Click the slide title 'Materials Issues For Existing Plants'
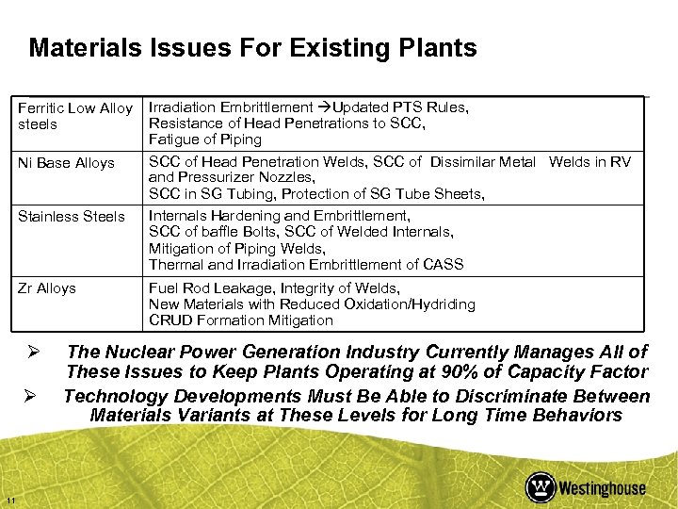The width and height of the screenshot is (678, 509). [252, 48]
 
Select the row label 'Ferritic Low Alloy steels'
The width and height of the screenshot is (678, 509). [75, 116]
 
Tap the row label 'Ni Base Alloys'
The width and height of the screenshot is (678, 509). [65, 163]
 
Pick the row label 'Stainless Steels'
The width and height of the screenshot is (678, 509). [71, 217]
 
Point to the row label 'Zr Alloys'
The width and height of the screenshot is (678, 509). [46, 288]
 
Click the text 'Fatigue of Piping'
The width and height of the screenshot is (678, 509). [205, 140]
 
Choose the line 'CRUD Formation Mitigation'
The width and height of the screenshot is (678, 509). [241, 320]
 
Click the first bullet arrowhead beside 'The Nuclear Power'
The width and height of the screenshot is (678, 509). [32, 352]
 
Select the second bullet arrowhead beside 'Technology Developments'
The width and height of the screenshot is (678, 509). [32, 396]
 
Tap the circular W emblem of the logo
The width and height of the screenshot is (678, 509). [541, 487]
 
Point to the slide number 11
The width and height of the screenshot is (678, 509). [8, 499]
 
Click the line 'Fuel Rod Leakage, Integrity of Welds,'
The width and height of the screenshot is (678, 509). [273, 288]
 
